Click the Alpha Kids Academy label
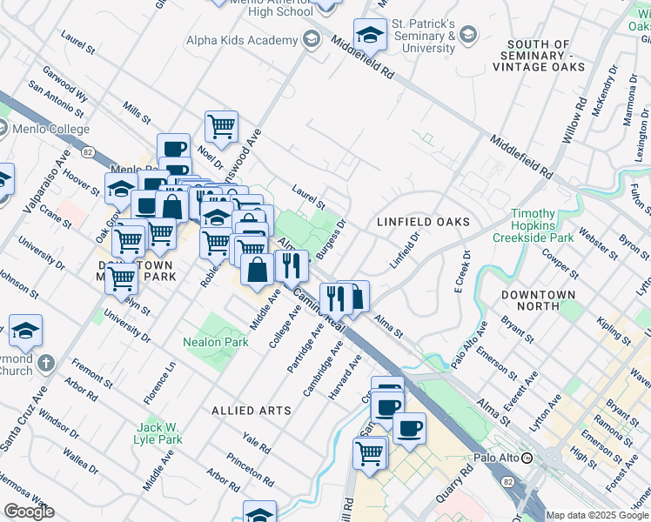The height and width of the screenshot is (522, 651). (242, 40)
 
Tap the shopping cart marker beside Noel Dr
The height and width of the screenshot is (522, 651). (221, 126)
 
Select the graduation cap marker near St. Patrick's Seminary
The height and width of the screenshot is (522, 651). (370, 36)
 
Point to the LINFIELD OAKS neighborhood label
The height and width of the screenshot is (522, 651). (423, 222)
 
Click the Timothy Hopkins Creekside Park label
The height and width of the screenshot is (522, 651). (533, 225)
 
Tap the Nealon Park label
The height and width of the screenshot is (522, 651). (216, 342)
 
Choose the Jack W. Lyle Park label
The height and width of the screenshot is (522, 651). (159, 433)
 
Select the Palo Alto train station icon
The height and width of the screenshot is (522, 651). (551, 458)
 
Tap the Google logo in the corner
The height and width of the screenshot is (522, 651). (29, 512)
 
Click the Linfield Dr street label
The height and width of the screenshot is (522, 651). (405, 249)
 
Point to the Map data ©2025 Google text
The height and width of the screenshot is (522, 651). (597, 515)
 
